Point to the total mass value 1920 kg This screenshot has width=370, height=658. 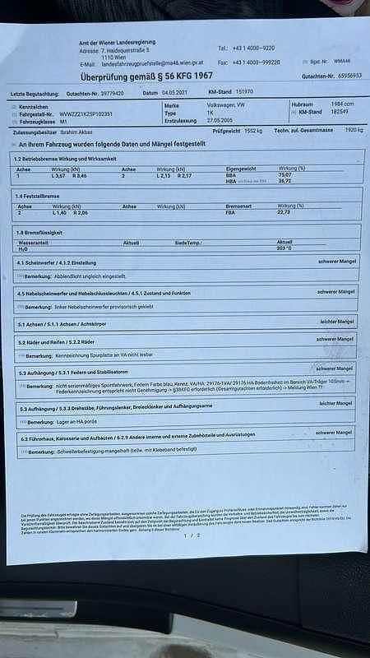pyautogui.click(x=354, y=130)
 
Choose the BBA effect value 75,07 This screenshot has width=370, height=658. pyautogui.click(x=284, y=175)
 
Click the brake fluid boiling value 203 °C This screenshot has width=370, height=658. pyautogui.click(x=284, y=248)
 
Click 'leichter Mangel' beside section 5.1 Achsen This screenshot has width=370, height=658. pyautogui.click(x=338, y=322)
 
